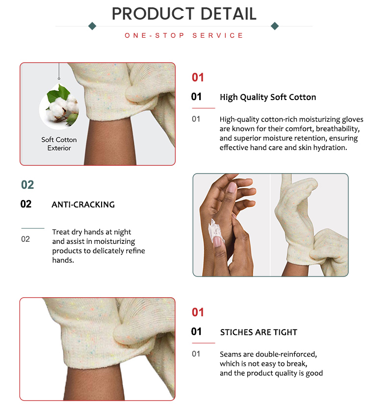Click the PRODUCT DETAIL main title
click(184, 14)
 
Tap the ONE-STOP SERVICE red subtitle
click(184, 36)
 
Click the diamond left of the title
click(92, 26)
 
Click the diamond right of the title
click(275, 26)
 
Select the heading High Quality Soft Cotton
click(268, 97)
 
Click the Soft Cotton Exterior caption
click(59, 144)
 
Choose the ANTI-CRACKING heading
click(83, 204)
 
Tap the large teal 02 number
click(27, 185)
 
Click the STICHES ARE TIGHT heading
click(259, 332)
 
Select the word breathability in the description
click(337, 128)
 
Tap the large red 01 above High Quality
click(198, 77)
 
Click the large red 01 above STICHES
click(198, 312)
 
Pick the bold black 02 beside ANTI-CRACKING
click(26, 204)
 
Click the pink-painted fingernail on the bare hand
click(232, 188)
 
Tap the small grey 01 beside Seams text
click(196, 354)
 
